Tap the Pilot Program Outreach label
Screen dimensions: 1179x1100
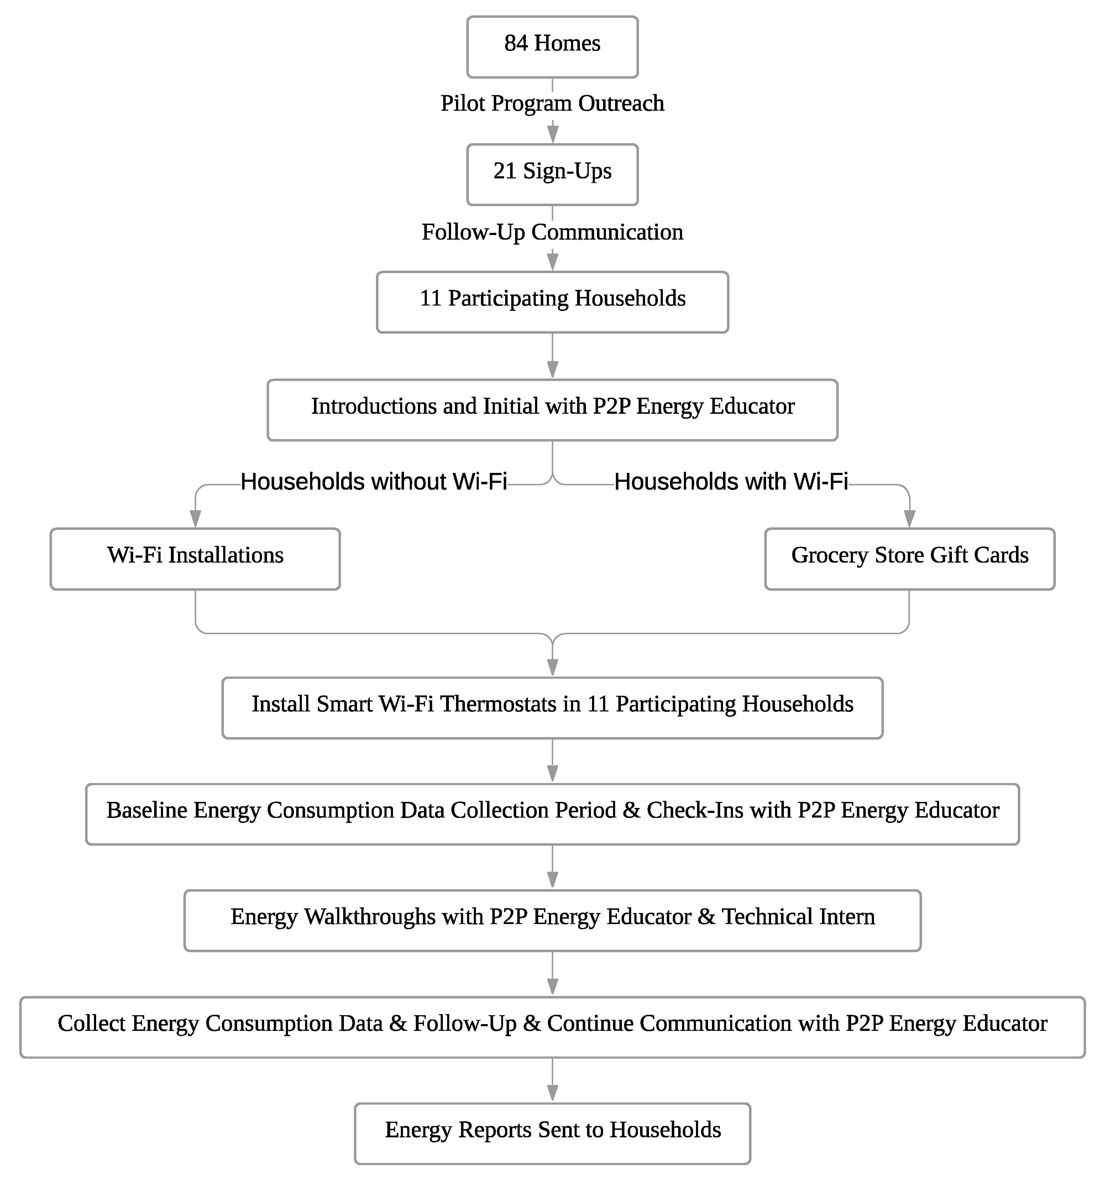(x=552, y=103)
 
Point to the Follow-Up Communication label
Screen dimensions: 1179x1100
(x=552, y=232)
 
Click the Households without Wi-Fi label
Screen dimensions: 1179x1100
(x=373, y=481)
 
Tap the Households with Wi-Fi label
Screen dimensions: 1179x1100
(x=730, y=481)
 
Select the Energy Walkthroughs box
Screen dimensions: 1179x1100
(x=552, y=919)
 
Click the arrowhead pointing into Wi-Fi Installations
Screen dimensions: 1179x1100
(x=195, y=519)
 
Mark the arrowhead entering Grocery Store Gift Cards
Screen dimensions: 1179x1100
(x=909, y=519)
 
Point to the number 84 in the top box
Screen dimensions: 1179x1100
(x=516, y=43)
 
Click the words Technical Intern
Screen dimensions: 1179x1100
(x=797, y=916)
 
